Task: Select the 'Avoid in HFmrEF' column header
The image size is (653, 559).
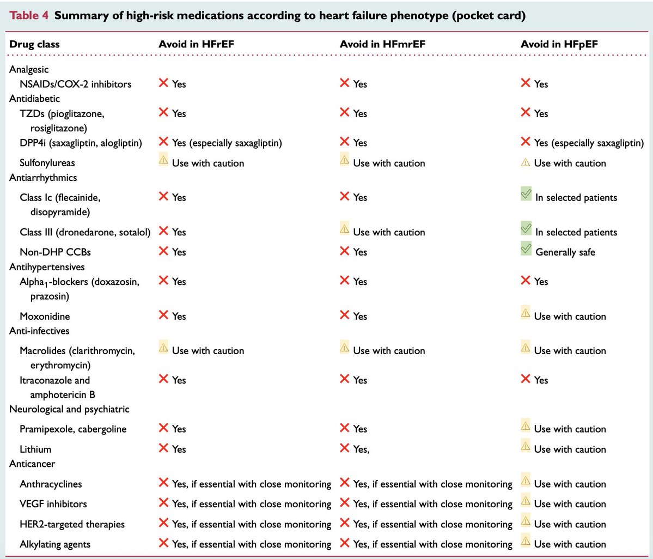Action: [x=382, y=44]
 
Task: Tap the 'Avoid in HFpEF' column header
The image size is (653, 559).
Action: [x=559, y=44]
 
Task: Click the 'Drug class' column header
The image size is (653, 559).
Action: [x=34, y=44]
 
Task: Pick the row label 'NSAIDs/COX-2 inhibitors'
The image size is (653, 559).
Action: [x=75, y=84]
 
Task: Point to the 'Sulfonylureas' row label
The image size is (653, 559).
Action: [x=47, y=163]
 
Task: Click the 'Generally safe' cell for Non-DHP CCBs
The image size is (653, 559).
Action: [x=565, y=252]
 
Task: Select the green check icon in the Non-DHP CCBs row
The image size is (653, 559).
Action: [x=526, y=249]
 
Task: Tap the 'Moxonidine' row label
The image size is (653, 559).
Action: [x=45, y=316]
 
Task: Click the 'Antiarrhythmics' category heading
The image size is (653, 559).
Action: [x=43, y=178]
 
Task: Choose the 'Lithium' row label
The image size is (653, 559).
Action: [x=35, y=449]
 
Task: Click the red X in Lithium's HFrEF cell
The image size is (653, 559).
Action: [x=163, y=448]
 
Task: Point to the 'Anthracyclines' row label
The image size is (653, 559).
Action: [x=51, y=484]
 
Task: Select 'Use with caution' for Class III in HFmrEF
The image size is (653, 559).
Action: [x=389, y=232]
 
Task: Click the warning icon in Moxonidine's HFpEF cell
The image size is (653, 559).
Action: [x=526, y=313]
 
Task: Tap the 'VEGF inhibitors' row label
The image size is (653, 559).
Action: [x=53, y=504]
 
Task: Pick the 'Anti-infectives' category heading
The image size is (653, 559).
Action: [x=39, y=331]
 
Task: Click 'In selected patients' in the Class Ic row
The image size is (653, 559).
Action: [x=576, y=198]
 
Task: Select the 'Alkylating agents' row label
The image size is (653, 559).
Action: [x=55, y=544]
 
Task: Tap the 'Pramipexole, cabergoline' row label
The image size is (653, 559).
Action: [x=73, y=429]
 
